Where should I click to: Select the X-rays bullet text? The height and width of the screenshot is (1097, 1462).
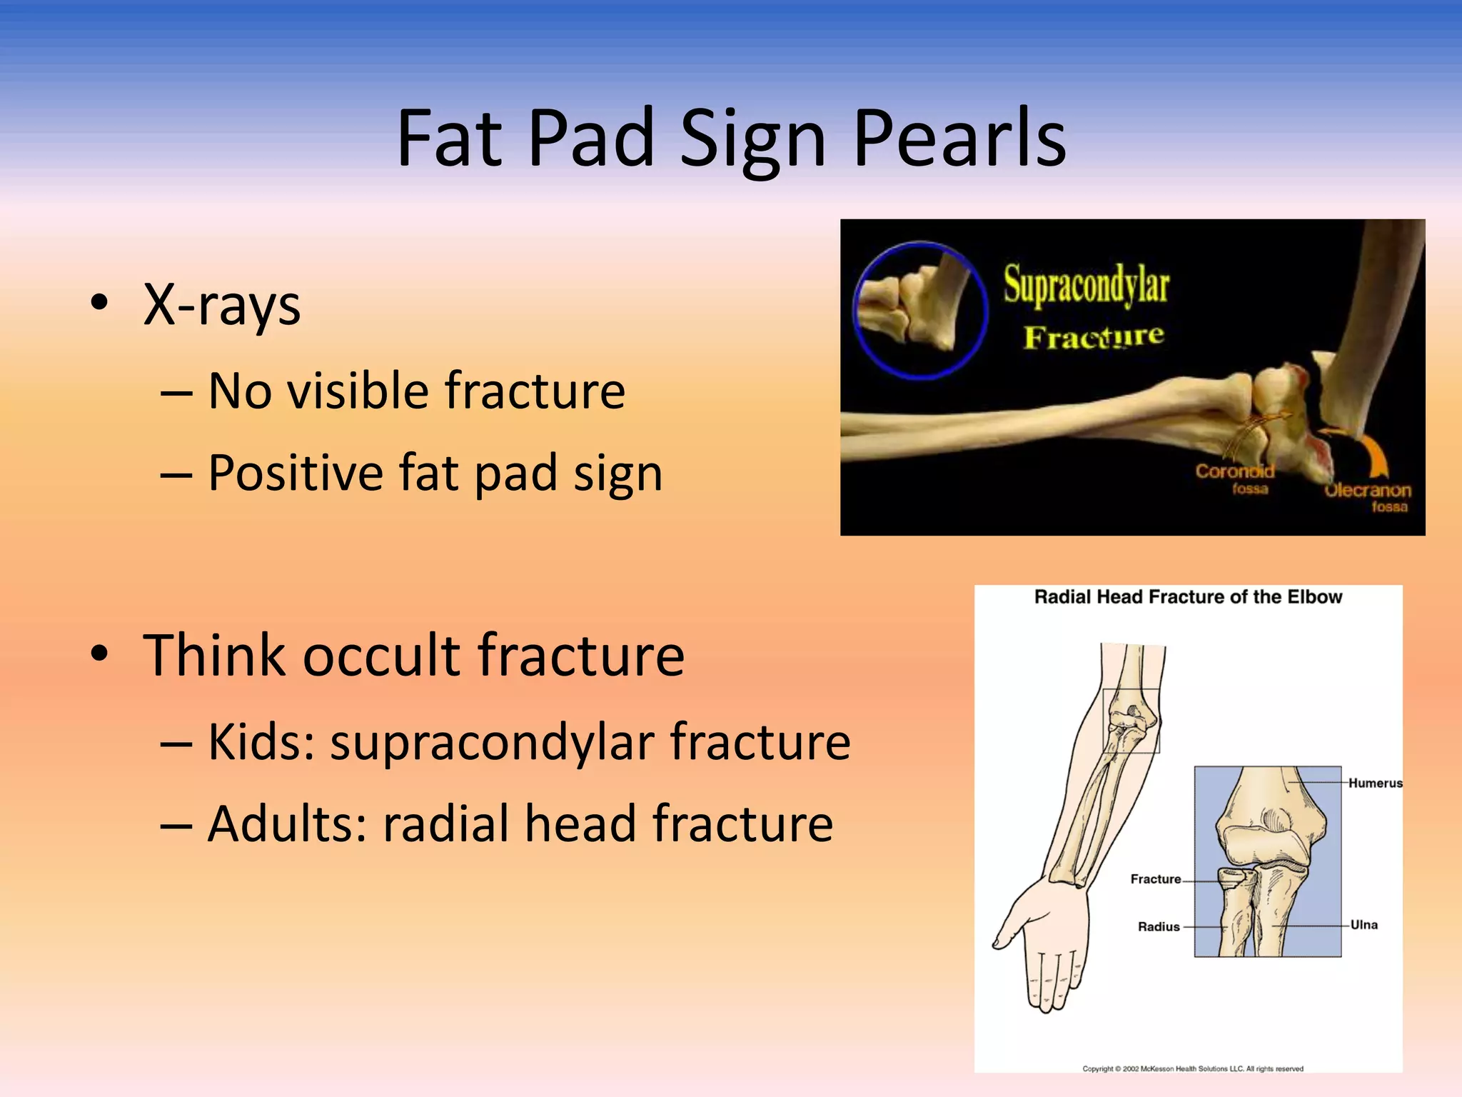point(221,305)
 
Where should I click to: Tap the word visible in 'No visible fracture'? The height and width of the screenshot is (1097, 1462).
point(357,391)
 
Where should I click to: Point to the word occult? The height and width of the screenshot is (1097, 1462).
point(382,655)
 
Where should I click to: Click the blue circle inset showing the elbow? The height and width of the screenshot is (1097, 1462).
point(920,310)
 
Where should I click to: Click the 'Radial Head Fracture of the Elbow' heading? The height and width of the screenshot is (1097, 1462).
point(1188,597)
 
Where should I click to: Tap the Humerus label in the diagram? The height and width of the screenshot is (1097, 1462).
point(1375,783)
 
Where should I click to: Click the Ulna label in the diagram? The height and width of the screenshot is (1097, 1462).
point(1363,925)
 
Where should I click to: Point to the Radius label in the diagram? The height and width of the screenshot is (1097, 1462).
point(1158,927)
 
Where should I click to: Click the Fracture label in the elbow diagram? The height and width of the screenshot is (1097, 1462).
point(1155,879)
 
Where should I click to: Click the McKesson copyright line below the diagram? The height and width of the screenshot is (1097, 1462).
point(1192,1069)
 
